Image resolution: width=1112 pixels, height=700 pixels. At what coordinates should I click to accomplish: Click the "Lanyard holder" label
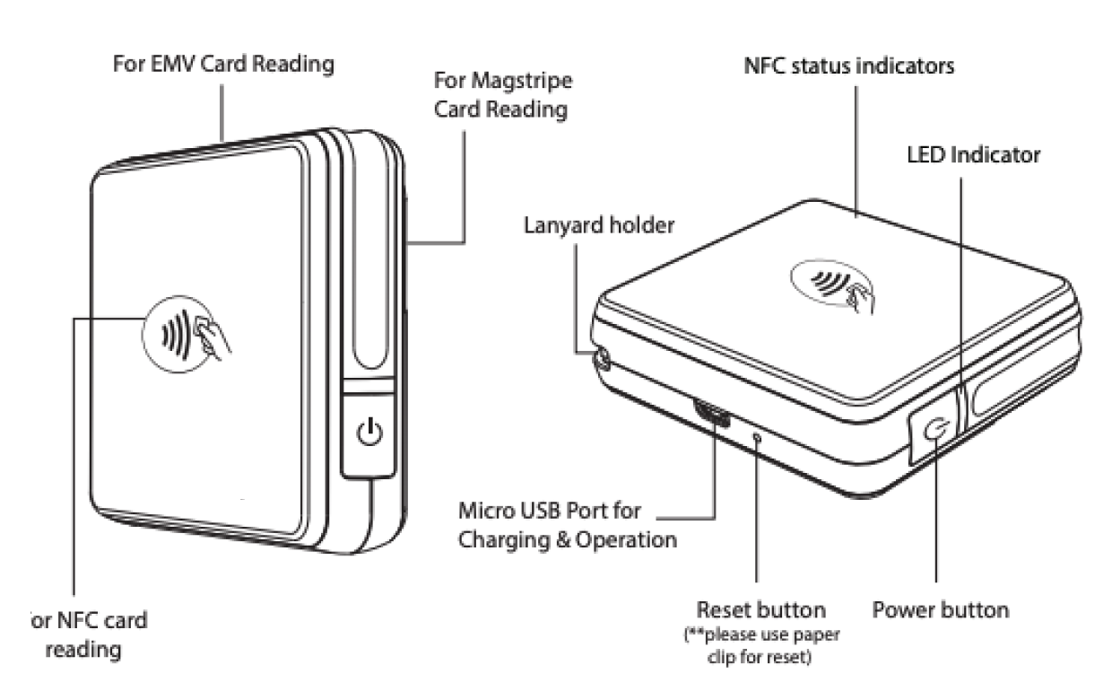[x=598, y=224]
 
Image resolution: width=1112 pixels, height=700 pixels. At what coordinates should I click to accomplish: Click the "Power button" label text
[x=941, y=610]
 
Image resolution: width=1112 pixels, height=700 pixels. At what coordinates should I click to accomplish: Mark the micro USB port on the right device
[x=711, y=415]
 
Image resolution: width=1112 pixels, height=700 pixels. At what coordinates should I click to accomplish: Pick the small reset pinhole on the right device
[x=758, y=437]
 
